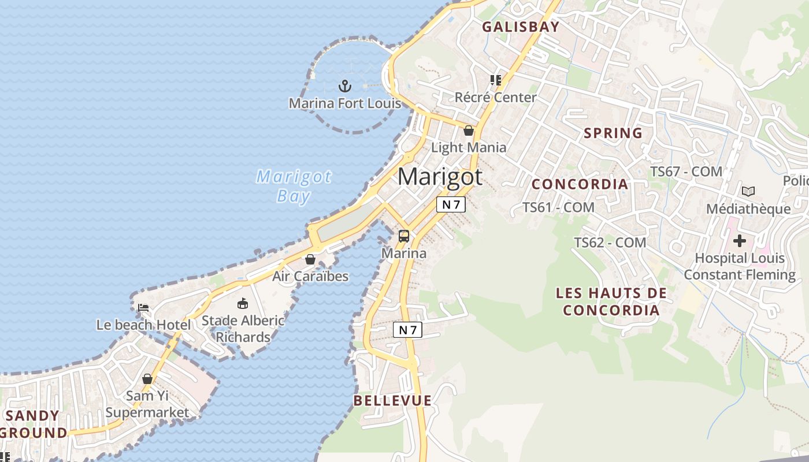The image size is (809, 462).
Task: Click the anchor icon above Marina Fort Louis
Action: point(345,87)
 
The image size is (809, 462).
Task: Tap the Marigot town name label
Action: point(440,176)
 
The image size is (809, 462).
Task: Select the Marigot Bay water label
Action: point(294,186)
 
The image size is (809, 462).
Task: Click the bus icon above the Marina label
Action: point(404,236)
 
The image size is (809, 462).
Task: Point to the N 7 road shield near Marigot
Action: point(451,204)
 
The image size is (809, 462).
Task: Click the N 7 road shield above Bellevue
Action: point(407,330)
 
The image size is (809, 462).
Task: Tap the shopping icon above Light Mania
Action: point(469,131)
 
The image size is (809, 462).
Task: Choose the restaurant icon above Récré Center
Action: point(495,80)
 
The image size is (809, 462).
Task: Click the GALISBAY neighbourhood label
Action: point(521,27)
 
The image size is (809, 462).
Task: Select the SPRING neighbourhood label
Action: point(613,133)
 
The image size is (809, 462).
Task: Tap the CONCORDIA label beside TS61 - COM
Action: point(580,184)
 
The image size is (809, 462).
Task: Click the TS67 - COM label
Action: point(686,172)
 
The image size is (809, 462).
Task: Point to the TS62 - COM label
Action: point(610,243)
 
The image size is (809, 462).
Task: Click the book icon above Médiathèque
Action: point(748,191)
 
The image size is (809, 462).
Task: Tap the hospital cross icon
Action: point(740,241)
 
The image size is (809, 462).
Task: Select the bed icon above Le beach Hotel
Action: point(143,308)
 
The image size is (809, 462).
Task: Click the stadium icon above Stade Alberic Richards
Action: point(243,303)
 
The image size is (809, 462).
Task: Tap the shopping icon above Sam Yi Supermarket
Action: point(147,379)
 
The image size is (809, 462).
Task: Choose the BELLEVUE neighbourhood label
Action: point(392,400)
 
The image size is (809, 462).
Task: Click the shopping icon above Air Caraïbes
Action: point(310,259)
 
